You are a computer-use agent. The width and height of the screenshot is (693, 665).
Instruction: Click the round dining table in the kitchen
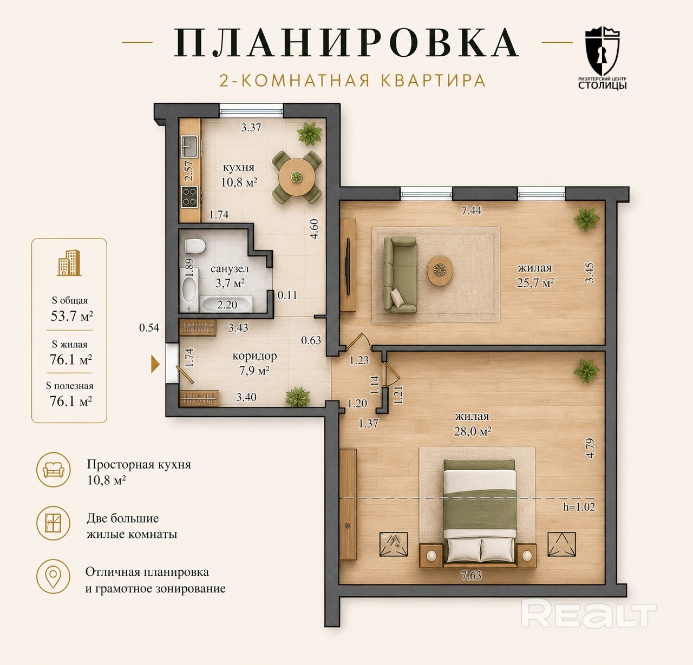296,176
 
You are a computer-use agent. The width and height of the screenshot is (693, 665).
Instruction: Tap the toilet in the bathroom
195,246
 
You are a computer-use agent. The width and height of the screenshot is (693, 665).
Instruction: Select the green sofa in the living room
400,275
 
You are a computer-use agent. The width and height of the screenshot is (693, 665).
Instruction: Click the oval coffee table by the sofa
440,270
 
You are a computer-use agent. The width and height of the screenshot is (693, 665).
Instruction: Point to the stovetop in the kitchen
189,197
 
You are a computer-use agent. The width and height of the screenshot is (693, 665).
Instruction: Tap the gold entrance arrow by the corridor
155,364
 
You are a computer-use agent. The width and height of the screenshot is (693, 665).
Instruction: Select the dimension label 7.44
471,210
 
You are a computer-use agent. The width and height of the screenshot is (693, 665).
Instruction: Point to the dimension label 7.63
471,576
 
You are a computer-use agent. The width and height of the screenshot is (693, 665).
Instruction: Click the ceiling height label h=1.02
579,506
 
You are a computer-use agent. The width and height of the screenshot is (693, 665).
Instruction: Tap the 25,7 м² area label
535,282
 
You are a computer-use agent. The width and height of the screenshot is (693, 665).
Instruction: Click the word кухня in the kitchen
238,167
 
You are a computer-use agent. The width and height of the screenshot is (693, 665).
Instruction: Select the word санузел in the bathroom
230,269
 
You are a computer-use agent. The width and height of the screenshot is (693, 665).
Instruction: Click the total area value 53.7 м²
71,316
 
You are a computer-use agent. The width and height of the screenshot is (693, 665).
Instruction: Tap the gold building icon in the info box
69,263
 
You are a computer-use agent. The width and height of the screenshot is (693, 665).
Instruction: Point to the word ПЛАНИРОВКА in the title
346,43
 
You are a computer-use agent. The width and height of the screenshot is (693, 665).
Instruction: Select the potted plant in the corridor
298,396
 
